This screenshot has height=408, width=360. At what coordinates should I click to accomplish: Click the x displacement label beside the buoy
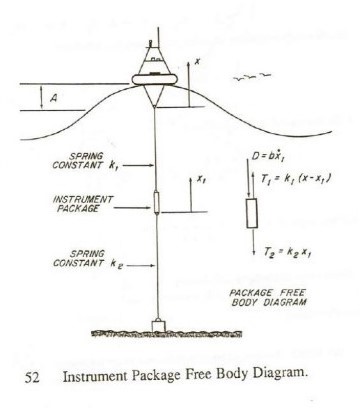198,61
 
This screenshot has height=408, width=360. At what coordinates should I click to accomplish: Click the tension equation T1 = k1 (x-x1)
278,176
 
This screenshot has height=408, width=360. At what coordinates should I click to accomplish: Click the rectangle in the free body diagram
251,213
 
